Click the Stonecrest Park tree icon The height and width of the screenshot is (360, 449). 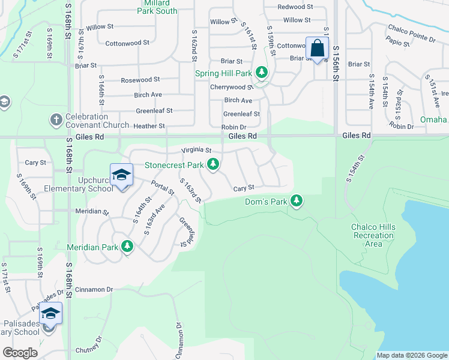213,164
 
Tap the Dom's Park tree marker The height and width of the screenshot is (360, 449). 297,201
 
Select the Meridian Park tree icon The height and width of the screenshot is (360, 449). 127,246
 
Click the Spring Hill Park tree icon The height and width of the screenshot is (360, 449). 262,73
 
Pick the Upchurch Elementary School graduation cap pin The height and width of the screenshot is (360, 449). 122,175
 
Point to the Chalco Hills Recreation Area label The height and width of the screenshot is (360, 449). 373,235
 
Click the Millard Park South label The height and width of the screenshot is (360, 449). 157,7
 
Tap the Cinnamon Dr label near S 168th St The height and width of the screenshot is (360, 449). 93,290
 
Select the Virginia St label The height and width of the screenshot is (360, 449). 197,150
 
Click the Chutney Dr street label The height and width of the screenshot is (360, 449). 90,350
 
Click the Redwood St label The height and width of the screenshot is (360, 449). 296,7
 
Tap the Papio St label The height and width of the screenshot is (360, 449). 398,44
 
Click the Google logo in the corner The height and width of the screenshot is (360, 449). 20,353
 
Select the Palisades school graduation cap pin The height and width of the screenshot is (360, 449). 51,314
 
